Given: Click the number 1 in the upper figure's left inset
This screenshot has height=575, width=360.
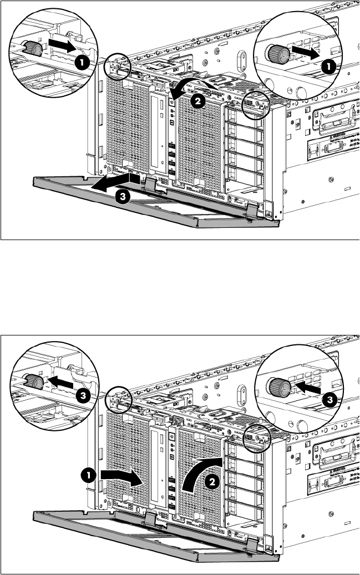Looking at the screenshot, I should (x=81, y=63).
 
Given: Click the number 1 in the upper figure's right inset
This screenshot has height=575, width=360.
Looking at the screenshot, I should (x=328, y=67).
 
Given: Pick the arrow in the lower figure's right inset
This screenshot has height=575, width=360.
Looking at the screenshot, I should (x=306, y=388).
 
